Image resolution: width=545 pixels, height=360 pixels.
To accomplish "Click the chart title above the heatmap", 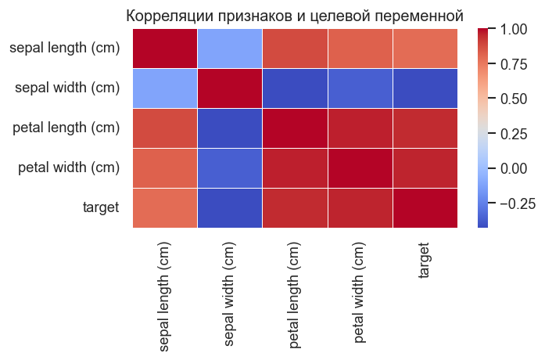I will coord(295,16).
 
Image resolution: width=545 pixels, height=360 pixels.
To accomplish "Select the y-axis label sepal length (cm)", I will coord(65,49).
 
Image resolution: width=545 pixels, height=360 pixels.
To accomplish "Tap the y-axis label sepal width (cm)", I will coord(67,88).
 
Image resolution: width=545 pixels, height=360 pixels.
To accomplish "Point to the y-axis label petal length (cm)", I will coord(66,128).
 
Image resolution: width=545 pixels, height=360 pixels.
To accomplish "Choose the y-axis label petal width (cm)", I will coord(68,167).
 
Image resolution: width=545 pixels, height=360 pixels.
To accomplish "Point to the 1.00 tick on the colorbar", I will coord(515,30).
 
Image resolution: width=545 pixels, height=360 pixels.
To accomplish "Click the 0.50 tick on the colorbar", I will coord(515,99).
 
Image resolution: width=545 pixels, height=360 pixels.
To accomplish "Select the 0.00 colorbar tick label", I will coord(515,167).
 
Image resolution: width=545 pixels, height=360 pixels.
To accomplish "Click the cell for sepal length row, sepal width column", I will coord(230,49).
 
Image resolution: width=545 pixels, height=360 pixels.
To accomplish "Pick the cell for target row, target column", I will coord(425,207).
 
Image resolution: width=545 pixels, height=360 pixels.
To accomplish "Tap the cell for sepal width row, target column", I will coord(425,88).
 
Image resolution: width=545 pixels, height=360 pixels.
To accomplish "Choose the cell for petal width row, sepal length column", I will coord(165,167).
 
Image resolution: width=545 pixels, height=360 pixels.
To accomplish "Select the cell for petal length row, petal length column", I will coord(295,128).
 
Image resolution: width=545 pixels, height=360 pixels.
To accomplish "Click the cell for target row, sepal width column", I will coord(230,207).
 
